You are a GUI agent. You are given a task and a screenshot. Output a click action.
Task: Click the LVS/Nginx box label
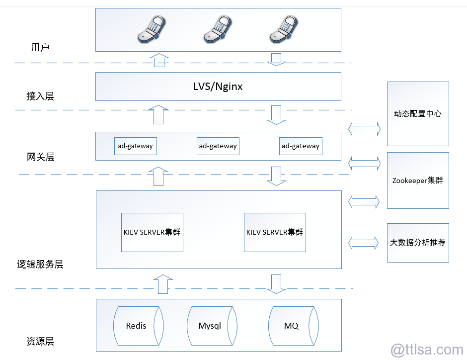click(218, 87)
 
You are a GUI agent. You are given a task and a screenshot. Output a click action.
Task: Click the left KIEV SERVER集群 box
click(152, 232)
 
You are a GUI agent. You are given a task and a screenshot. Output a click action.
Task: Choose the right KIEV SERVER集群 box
click(275, 232)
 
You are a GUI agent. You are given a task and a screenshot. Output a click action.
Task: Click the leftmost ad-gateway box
click(135, 146)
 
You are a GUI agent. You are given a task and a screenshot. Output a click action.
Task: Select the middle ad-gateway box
click(218, 146)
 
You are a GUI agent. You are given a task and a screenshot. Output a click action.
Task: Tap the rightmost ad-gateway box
click(300, 146)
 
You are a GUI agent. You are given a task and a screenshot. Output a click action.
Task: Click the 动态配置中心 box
click(418, 114)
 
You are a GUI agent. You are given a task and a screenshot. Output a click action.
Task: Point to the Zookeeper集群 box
click(418, 180)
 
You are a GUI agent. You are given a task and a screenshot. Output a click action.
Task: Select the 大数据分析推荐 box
click(418, 243)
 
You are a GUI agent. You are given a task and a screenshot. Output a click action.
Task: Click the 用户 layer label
click(40, 48)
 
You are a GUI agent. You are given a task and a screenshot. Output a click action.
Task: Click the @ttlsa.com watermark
click(427, 350)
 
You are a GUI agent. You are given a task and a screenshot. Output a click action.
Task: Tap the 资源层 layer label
click(40, 342)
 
